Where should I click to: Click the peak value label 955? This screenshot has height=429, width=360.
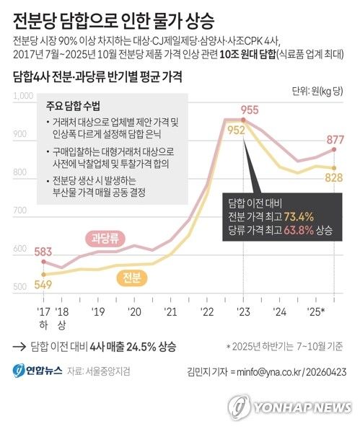point(250,110)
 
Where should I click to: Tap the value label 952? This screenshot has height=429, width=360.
point(236,131)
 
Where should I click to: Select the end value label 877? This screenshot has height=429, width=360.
point(334,140)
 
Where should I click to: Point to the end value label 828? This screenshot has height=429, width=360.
point(334,177)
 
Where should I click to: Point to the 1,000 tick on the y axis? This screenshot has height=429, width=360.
point(24,95)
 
